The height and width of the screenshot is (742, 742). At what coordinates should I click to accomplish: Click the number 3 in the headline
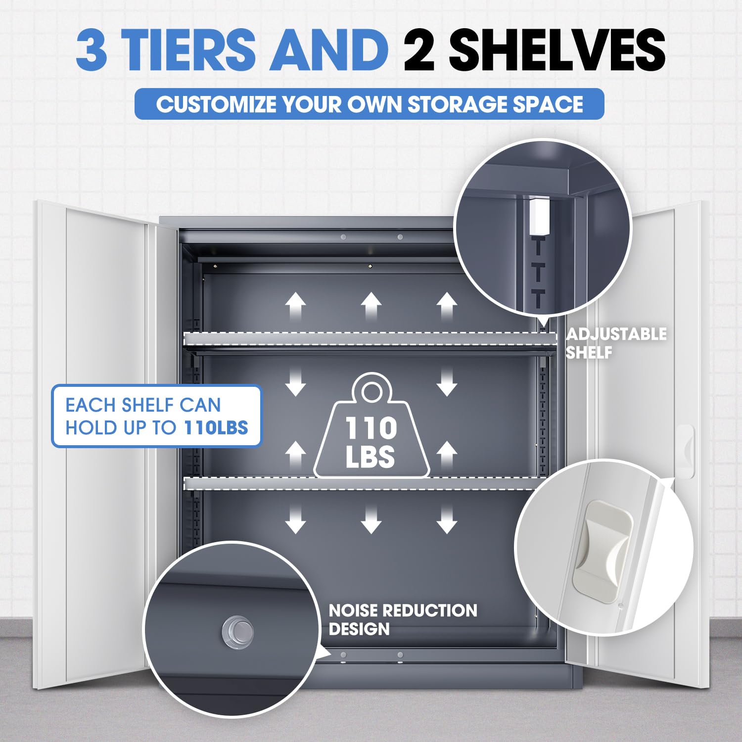(x=92, y=49)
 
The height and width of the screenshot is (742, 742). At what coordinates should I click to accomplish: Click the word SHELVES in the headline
(x=556, y=49)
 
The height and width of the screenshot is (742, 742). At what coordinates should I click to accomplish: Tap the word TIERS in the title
(x=188, y=49)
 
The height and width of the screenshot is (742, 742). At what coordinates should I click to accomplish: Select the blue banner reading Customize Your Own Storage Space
(x=370, y=104)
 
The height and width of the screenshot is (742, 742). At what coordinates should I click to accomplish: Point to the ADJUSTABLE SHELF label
(x=616, y=343)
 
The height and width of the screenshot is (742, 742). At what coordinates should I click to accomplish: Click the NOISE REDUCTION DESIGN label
(x=403, y=619)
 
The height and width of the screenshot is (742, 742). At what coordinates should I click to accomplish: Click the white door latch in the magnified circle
(x=603, y=552)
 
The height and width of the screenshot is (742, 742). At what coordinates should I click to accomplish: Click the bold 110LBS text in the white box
(x=216, y=427)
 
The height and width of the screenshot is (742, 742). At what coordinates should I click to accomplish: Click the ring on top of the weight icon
(x=371, y=392)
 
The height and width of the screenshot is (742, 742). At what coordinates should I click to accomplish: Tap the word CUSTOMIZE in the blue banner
(x=216, y=104)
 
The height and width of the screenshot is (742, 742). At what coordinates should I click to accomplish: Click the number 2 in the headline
(x=419, y=49)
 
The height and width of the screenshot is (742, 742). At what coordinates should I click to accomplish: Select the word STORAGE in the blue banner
(x=458, y=104)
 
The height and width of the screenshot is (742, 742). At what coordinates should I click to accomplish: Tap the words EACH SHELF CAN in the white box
(x=143, y=405)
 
